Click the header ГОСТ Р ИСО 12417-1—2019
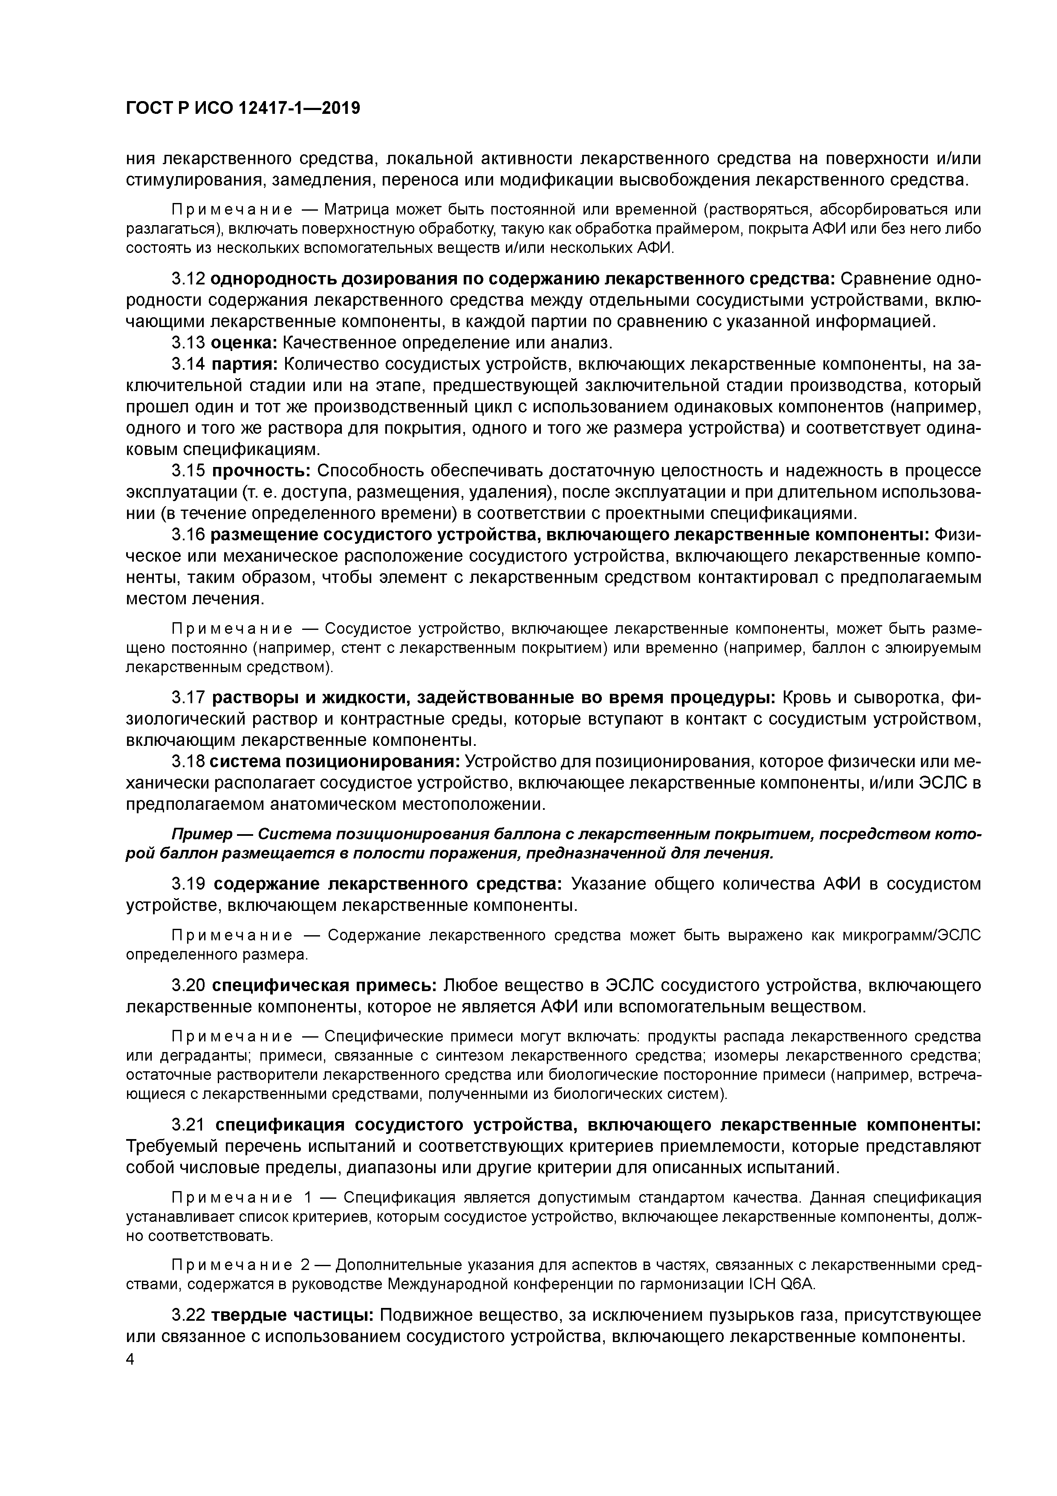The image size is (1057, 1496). point(243,109)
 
